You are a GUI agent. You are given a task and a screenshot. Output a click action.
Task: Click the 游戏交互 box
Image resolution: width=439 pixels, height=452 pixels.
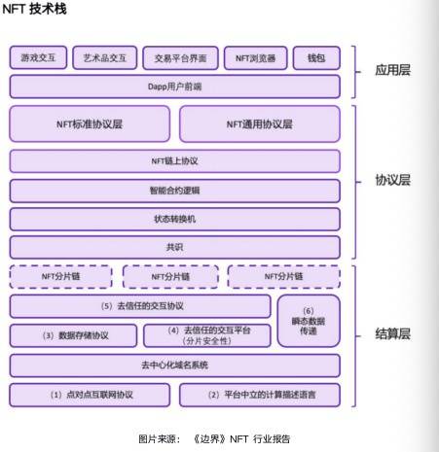(38, 57)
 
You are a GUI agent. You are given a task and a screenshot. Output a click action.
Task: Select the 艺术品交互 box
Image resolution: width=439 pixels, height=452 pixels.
(105, 57)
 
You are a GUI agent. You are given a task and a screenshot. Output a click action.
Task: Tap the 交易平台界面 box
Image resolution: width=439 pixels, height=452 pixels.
(180, 58)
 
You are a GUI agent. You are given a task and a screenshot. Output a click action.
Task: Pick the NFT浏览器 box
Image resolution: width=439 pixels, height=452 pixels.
(256, 58)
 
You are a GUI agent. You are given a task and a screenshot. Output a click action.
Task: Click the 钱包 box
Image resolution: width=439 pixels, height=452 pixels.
(316, 58)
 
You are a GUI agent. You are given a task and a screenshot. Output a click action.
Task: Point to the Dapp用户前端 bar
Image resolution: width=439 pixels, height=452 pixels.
(175, 87)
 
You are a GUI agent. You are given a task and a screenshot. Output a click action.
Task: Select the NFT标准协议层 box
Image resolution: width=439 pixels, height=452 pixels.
(90, 124)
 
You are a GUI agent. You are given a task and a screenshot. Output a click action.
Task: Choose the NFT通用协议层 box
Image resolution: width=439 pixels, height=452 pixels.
(260, 124)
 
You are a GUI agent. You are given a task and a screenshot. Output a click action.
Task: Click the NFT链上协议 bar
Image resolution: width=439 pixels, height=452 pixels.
(175, 161)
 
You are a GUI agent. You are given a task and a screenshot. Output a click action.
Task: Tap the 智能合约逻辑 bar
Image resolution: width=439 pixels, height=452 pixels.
(175, 191)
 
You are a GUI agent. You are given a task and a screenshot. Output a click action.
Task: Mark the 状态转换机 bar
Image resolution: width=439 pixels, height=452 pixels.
(175, 219)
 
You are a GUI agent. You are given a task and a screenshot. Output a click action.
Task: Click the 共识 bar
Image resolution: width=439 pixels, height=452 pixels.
(175, 248)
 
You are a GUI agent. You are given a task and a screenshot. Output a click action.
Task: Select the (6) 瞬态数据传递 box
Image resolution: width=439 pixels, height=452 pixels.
(309, 321)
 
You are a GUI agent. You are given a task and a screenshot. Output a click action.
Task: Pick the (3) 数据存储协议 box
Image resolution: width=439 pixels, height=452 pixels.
(73, 335)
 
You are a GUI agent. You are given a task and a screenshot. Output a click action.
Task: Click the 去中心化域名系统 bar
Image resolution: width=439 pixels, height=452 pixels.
(175, 365)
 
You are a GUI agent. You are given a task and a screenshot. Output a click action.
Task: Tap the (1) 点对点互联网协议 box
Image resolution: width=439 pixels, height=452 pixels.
(90, 395)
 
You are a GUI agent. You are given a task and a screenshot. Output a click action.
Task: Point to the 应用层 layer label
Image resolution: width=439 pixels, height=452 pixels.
(393, 70)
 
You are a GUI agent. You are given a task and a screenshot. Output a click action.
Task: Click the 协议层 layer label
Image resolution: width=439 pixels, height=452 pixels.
(393, 180)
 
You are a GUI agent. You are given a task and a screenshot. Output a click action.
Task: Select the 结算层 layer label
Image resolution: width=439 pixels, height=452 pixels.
(393, 333)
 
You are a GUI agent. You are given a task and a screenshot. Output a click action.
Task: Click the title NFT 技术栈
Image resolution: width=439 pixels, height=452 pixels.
(34, 9)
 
